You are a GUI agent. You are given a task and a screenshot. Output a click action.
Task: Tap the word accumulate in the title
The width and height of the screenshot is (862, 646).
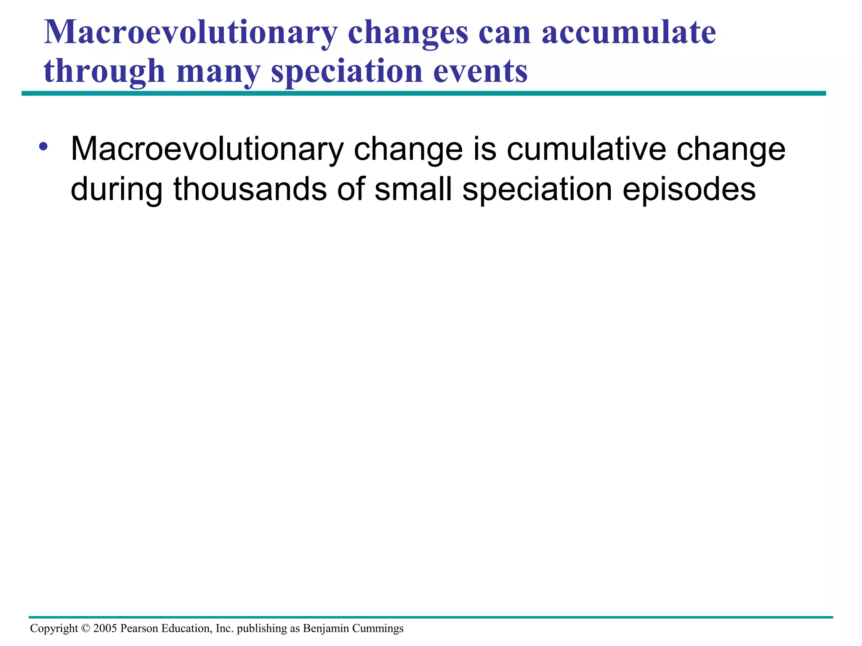pos(628,33)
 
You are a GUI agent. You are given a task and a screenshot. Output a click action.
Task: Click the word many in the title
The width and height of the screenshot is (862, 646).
pos(218,71)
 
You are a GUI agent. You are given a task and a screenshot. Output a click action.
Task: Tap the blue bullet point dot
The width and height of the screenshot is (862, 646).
pos(43,147)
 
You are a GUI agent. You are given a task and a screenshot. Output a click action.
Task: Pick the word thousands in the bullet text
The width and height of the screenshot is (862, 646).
pos(250,189)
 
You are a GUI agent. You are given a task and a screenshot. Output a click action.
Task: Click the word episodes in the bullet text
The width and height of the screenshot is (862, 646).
pos(689,189)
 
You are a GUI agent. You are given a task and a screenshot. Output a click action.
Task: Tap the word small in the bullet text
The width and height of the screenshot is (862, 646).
pos(413,189)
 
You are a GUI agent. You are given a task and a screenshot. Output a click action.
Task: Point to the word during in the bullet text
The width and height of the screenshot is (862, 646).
pos(117,189)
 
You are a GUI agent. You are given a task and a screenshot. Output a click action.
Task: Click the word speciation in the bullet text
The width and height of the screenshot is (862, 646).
pos(537,189)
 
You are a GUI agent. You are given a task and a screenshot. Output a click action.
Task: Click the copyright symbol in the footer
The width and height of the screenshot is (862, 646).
pos(85,629)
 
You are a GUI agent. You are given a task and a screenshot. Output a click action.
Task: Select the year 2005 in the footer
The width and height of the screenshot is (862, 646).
pos(105,629)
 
